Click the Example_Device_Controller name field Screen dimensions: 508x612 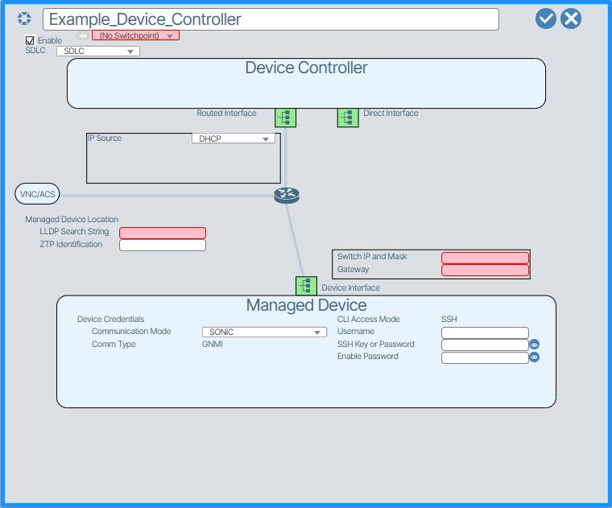click(271, 19)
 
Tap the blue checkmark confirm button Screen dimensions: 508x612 click(546, 19)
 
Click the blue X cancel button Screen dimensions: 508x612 click(571, 19)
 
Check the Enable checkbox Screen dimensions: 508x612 click(31, 40)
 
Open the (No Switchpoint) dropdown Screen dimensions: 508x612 click(135, 35)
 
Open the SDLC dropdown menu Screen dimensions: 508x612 click(98, 52)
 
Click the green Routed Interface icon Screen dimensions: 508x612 click(285, 118)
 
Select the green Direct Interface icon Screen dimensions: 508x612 click(347, 118)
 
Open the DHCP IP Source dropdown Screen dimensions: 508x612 click(234, 138)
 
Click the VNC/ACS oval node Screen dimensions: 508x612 click(37, 194)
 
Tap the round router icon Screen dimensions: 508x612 click(286, 195)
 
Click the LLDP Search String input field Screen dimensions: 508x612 click(163, 233)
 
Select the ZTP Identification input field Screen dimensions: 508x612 click(163, 245)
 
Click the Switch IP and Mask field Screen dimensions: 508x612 click(485, 258)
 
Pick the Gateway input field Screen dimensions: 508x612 click(485, 270)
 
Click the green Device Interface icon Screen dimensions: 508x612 click(306, 286)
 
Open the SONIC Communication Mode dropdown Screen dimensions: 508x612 click(264, 332)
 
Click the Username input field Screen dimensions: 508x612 click(485, 332)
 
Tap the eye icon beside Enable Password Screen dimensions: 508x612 click(534, 357)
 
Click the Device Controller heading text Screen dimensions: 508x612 click(306, 68)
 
